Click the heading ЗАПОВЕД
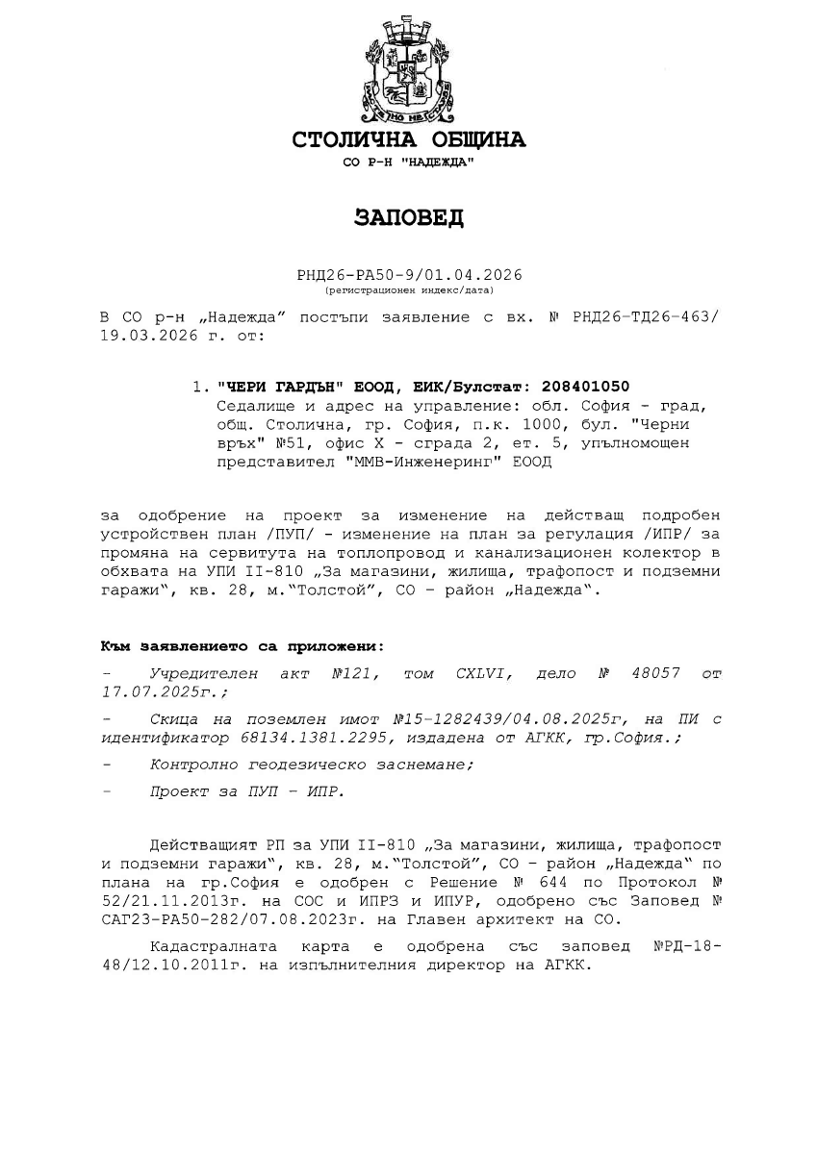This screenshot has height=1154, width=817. click(x=408, y=217)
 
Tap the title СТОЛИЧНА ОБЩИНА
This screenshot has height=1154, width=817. click(x=408, y=140)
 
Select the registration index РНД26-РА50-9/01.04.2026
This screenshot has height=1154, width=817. click(x=409, y=275)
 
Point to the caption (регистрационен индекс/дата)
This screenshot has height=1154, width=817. click(x=409, y=288)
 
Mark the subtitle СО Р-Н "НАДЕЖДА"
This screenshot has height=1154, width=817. click(x=408, y=163)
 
